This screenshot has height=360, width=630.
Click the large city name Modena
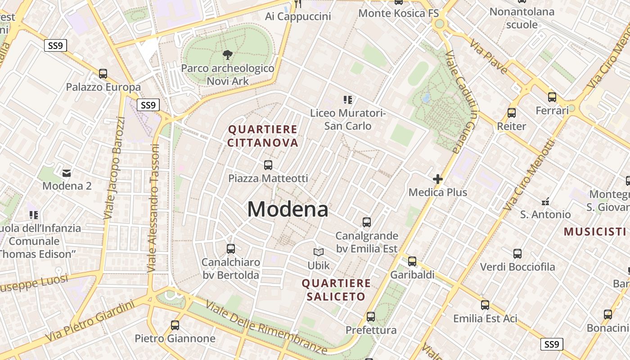[288, 209]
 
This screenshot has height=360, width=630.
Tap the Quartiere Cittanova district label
[263, 136]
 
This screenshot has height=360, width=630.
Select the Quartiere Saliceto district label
[336, 290]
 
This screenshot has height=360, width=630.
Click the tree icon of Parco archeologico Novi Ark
[228, 55]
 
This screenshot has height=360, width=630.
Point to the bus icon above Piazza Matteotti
[268, 165]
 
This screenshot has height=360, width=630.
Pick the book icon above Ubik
[319, 252]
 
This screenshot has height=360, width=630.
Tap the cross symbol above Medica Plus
[437, 179]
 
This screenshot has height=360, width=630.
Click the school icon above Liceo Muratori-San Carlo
[347, 99]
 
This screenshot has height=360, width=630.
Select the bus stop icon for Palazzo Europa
[103, 73]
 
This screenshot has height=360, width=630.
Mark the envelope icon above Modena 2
[67, 173]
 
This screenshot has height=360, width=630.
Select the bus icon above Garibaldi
[412, 261]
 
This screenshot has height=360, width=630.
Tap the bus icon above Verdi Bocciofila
[517, 253]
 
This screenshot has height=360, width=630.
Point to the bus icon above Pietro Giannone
[175, 325]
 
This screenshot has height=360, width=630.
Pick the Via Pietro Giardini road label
[90, 320]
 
